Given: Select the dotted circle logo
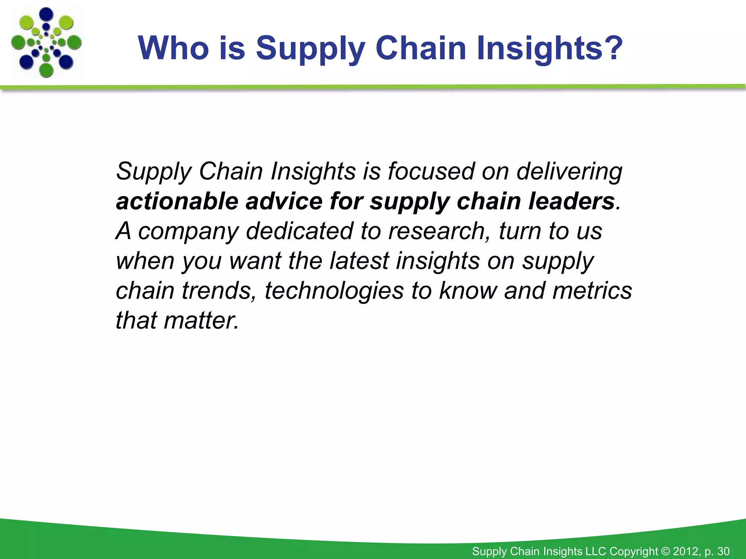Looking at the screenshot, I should point(46,43).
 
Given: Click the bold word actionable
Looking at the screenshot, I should point(177,201).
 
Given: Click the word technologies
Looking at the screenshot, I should point(334,291).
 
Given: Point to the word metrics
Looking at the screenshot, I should point(592,291).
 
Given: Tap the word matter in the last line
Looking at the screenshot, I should point(201,321).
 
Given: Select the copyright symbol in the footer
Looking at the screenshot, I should point(665,551).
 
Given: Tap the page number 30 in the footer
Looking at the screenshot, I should point(723,551).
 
